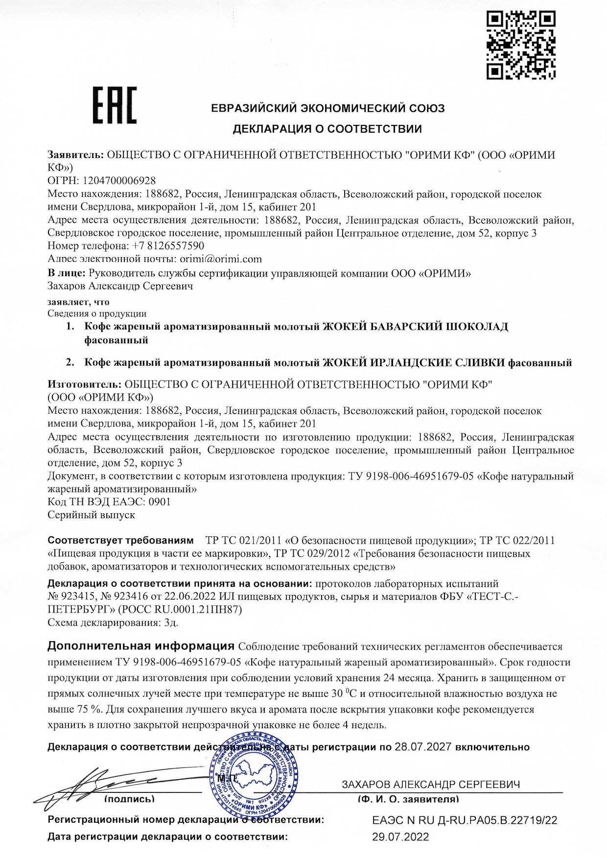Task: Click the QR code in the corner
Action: pyautogui.click(x=521, y=45)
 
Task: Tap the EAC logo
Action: pyautogui.click(x=115, y=105)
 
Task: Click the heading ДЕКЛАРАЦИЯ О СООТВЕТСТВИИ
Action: pyautogui.click(x=327, y=129)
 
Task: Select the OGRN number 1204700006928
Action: pyautogui.click(x=119, y=181)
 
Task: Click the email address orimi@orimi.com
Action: pyautogui.click(x=221, y=259)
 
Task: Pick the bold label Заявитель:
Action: pyautogui.click(x=75, y=155)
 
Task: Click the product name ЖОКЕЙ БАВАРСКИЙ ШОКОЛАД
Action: pyautogui.click(x=415, y=327)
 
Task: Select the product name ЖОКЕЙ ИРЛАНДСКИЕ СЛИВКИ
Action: pyautogui.click(x=414, y=363)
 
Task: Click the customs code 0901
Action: pyautogui.click(x=159, y=501)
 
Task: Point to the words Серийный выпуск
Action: pyautogui.click(x=91, y=515)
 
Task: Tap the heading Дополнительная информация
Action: pyautogui.click(x=141, y=645)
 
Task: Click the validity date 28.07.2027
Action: pyautogui.click(x=423, y=747)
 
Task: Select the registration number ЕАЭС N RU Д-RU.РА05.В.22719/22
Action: pyautogui.click(x=465, y=820)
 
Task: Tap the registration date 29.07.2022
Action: pyautogui.click(x=400, y=836)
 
